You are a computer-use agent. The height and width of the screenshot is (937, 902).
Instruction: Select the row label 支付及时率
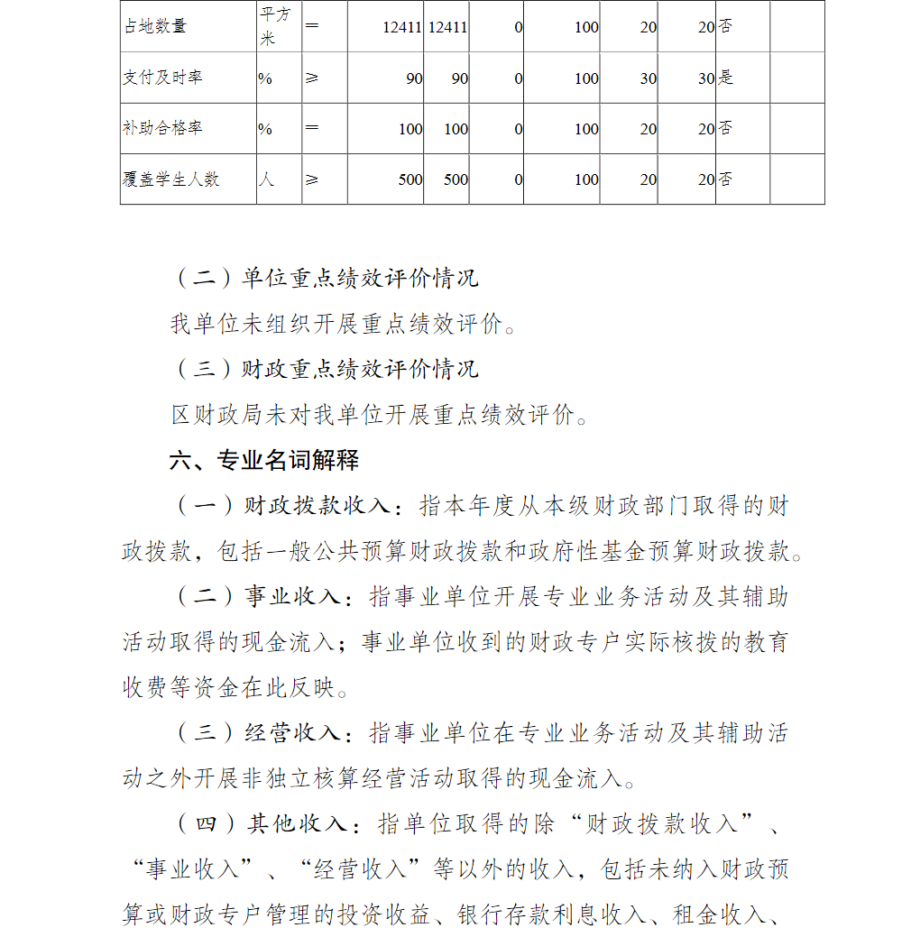tap(162, 78)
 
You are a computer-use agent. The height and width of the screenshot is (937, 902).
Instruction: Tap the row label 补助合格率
tap(162, 128)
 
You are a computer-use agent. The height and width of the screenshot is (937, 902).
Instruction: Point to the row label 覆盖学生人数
tap(170, 179)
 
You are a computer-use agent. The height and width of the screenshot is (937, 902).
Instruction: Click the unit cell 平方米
tap(277, 27)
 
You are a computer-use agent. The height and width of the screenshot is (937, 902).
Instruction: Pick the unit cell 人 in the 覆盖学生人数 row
tap(266, 179)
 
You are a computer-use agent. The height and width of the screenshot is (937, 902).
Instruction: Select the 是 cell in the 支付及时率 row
tap(726, 78)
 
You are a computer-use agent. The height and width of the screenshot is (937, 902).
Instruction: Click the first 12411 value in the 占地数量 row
tap(402, 27)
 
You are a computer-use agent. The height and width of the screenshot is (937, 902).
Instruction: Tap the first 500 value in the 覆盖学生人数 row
tap(410, 179)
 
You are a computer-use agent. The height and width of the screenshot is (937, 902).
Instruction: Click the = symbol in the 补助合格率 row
tap(312, 128)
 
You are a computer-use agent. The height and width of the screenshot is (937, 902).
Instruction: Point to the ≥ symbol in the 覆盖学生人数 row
tap(312, 179)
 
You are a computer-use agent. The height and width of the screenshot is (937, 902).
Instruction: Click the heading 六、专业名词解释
tap(264, 460)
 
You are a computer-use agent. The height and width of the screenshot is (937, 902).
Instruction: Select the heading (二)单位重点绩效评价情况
tap(326, 278)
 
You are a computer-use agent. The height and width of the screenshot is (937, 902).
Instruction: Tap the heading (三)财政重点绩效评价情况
tap(326, 369)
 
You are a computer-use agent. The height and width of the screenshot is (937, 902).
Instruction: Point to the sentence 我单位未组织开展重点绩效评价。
tap(345, 324)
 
